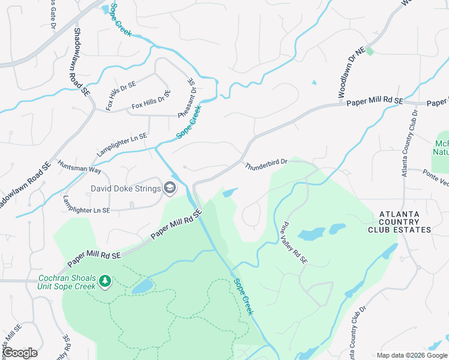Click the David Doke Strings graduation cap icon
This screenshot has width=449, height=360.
170,189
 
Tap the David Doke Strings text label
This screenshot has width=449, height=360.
125,189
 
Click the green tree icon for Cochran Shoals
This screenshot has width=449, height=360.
105,281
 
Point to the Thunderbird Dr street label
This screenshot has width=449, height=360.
266,162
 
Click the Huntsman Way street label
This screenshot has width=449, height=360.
79,166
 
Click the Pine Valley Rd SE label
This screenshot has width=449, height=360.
294,244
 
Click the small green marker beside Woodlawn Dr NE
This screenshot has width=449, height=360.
370,52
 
